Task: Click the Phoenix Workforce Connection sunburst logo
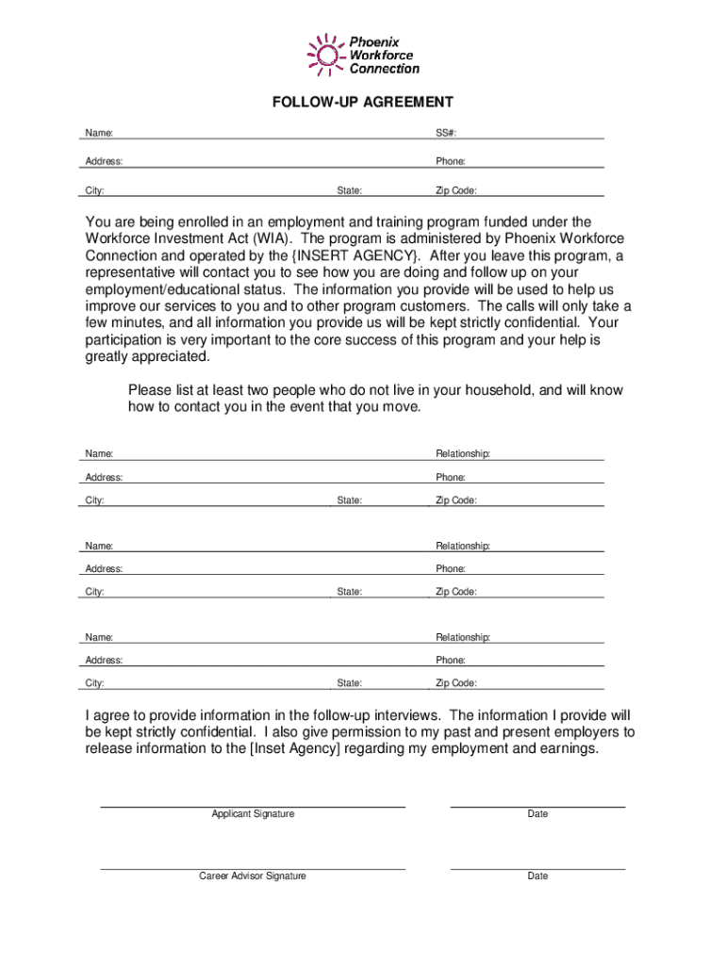[x=325, y=55]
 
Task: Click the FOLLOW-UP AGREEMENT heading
[x=363, y=102]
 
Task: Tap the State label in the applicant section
[x=350, y=190]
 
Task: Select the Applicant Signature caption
[x=253, y=813]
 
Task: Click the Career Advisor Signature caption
[x=253, y=875]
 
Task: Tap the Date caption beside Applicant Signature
[x=537, y=813]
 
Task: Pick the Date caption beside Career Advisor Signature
[x=537, y=875]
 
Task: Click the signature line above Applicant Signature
[x=253, y=807]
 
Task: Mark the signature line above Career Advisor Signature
[x=253, y=869]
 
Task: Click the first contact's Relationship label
[x=463, y=454]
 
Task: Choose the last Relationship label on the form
[x=463, y=637]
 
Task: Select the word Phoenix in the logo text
[x=374, y=42]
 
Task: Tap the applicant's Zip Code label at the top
[x=456, y=190]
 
